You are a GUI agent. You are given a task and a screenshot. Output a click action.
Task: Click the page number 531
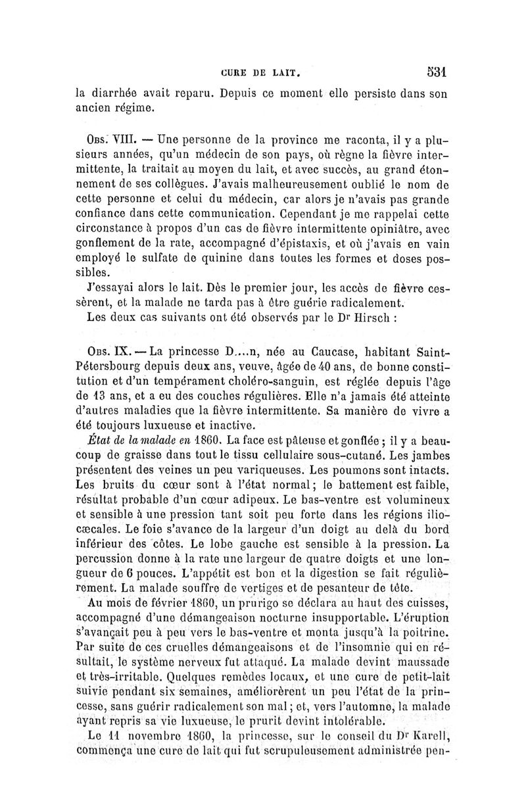coord(436,71)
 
